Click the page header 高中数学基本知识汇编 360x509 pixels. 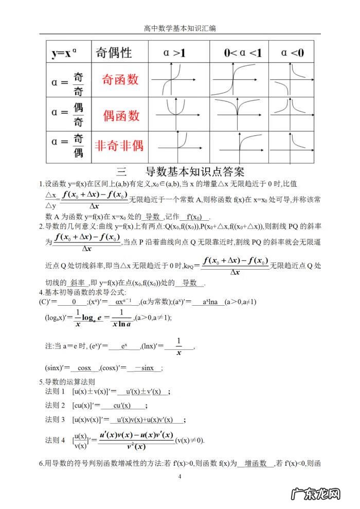[x=180, y=28]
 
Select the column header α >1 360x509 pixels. [x=178, y=52]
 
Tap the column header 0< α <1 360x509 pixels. [x=240, y=52]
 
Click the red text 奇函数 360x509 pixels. [x=120, y=80]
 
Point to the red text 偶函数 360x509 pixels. [x=121, y=114]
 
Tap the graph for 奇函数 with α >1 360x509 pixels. [x=178, y=79]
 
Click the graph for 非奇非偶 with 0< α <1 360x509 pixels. [x=240, y=146]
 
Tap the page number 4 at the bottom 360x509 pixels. [x=179, y=477]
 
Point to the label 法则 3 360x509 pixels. [x=56, y=419]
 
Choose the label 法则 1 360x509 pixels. [x=56, y=392]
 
